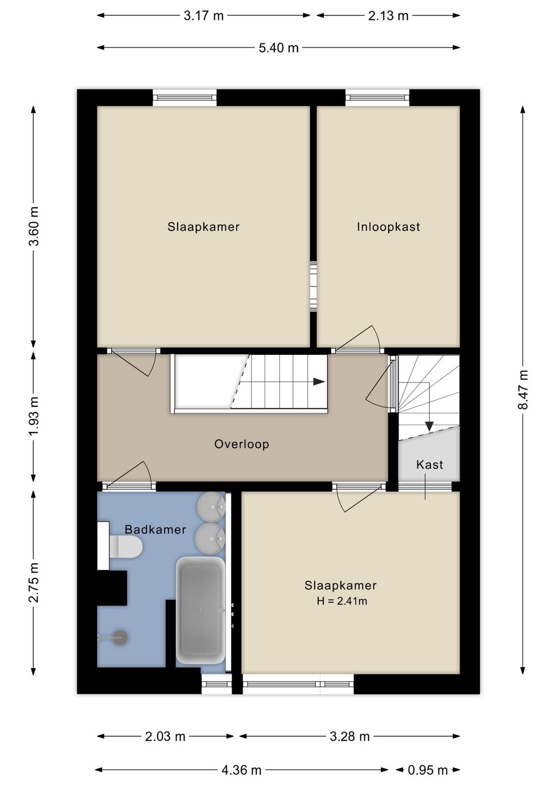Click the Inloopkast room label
click(x=388, y=227)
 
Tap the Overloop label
click(x=241, y=444)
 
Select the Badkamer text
click(x=155, y=529)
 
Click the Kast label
click(x=429, y=465)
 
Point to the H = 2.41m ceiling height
click(x=342, y=601)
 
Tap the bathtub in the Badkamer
click(x=200, y=610)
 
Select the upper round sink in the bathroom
click(x=211, y=505)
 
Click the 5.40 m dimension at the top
click(x=279, y=48)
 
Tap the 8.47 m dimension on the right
click(x=523, y=389)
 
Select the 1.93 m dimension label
click(x=33, y=416)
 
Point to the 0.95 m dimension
click(x=428, y=770)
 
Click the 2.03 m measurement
click(x=165, y=736)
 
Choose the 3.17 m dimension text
click(x=203, y=16)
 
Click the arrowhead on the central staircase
click(x=319, y=382)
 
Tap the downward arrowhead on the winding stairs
click(x=429, y=426)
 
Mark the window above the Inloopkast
click(x=377, y=98)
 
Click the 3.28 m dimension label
click(x=350, y=736)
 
